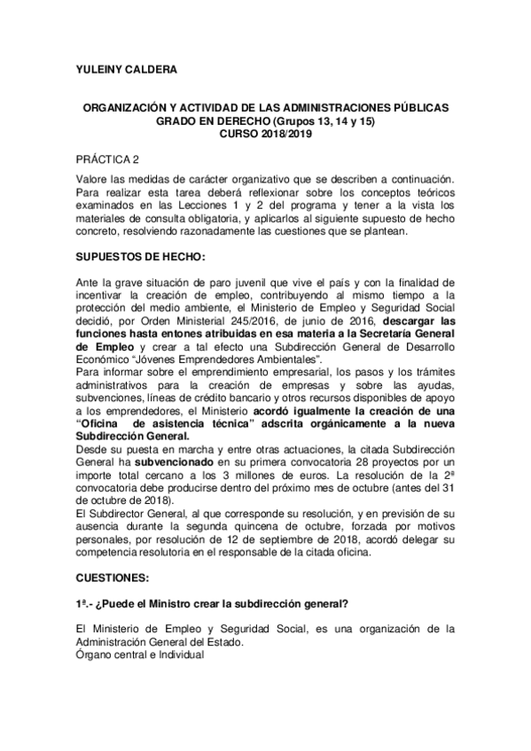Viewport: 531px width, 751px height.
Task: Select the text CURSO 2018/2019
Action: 266,134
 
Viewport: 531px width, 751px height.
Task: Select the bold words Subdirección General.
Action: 132,437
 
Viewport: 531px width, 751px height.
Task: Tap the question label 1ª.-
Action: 85,604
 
